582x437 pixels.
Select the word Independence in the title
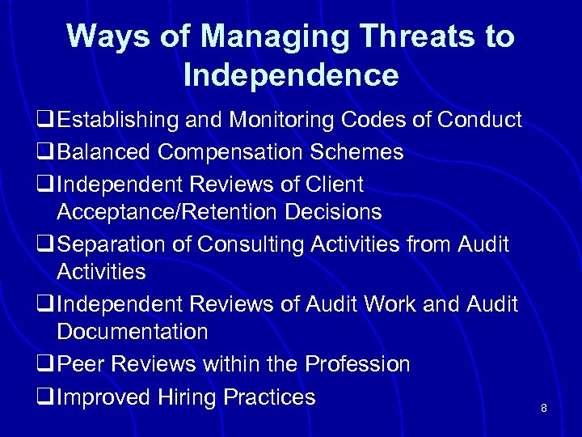click(x=291, y=75)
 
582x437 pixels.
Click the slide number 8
click(x=544, y=409)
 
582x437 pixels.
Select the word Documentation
click(x=133, y=332)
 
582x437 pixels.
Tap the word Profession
click(x=357, y=364)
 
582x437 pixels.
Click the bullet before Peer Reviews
click(x=44, y=365)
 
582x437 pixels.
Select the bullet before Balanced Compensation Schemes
click(x=44, y=153)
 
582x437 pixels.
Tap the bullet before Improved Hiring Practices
click(x=44, y=397)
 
